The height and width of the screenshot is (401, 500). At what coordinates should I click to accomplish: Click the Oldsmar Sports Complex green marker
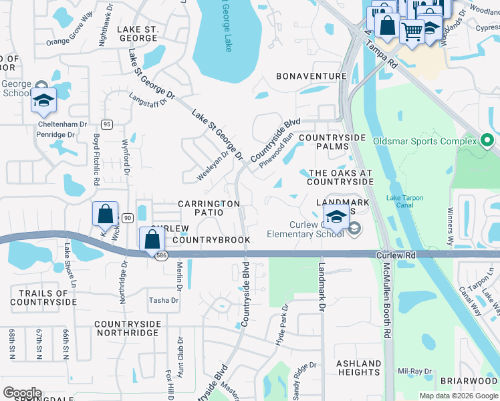pos(487,141)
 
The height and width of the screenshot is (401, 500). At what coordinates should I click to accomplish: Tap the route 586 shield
pos(161,257)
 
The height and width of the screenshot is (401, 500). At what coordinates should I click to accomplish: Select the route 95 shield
pos(106,124)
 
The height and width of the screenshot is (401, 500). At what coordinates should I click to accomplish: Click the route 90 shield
pos(127,218)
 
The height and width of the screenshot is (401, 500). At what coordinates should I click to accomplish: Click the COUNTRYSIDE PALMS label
pos(332,142)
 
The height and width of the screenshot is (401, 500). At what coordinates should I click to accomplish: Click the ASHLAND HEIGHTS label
pos(359,368)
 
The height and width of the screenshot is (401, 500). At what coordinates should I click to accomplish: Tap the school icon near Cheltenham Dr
pos(43,101)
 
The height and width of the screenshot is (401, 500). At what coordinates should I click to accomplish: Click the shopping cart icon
pos(412,29)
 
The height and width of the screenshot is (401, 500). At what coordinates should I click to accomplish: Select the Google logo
pos(22,393)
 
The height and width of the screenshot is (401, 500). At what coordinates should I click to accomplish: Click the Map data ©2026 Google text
pos(458,396)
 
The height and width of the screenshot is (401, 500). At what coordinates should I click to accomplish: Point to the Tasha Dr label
pos(164,300)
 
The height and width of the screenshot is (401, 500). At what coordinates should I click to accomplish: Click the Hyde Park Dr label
pos(282,325)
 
